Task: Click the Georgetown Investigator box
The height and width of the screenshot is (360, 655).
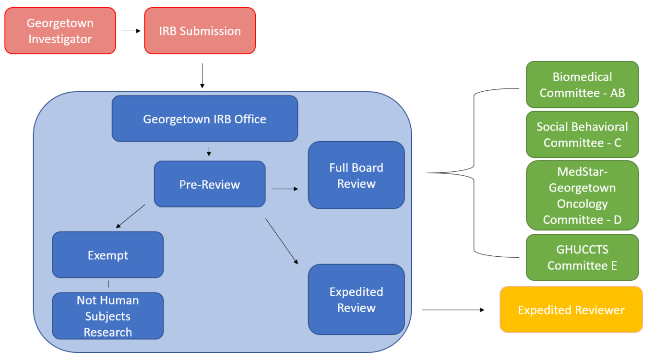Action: click(x=60, y=31)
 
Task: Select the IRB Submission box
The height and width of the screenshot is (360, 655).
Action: click(x=200, y=31)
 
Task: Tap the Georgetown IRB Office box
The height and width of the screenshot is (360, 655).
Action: click(x=204, y=119)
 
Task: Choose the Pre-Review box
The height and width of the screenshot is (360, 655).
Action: click(x=209, y=184)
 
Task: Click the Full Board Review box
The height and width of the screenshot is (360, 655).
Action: click(x=356, y=175)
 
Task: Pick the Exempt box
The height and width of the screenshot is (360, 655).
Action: click(x=107, y=255)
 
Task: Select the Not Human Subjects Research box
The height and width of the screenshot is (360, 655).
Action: click(x=107, y=316)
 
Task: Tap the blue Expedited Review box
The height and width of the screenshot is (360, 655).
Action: click(x=356, y=300)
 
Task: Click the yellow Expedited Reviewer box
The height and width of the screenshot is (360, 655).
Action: click(x=571, y=310)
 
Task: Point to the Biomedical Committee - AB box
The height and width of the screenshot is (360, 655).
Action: click(x=582, y=84)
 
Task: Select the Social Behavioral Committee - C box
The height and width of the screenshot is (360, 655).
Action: click(x=582, y=134)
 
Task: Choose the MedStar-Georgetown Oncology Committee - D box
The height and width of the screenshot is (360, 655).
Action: click(x=582, y=195)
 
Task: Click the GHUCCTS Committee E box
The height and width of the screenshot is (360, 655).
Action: click(x=582, y=257)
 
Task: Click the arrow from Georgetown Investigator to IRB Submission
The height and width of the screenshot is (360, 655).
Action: click(x=131, y=31)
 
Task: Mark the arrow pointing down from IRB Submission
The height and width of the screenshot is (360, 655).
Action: click(x=202, y=75)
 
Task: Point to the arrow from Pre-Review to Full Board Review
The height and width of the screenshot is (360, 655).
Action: click(x=285, y=189)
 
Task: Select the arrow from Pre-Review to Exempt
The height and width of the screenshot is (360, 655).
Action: click(x=131, y=216)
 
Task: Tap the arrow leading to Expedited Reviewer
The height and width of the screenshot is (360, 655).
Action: click(x=453, y=310)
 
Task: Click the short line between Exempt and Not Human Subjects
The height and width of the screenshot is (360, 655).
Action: click(x=108, y=284)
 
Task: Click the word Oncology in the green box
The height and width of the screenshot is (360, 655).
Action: click(x=582, y=204)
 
